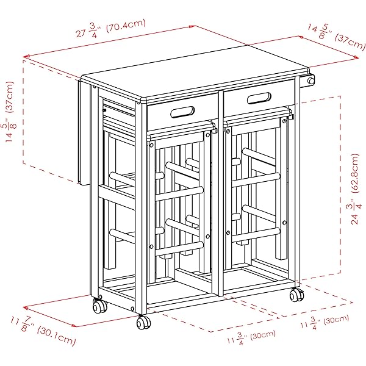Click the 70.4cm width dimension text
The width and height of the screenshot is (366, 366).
point(126,26)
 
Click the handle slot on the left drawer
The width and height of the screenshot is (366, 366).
point(182,112)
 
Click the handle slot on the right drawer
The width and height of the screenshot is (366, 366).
point(259,98)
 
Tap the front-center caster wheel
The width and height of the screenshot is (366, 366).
point(143,322)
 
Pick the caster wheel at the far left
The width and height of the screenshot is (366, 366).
point(99,306)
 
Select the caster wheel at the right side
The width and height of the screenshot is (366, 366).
point(296,295)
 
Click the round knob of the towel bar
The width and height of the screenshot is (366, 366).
point(310,81)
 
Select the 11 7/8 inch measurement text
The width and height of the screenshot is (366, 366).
point(22,323)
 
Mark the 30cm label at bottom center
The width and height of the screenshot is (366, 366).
point(262,335)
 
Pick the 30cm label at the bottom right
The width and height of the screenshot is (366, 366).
point(336,320)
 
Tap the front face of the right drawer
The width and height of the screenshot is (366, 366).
point(259,98)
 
